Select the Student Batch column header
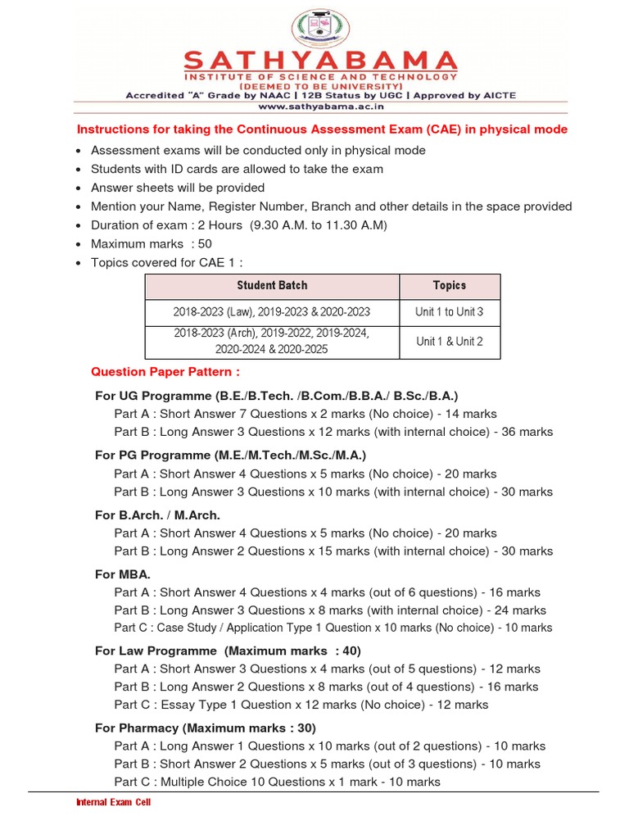coord(272,286)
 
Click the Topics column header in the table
coord(449,286)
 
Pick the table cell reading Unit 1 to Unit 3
coord(449,312)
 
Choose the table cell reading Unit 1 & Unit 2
coord(449,342)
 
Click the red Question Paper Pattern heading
coord(165,372)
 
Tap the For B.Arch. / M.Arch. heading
coord(157,515)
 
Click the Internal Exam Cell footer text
coord(113,802)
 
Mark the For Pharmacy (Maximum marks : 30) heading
coord(206,728)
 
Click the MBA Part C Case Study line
coord(333,628)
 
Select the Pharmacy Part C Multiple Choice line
coord(278,782)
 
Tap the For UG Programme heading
coord(276,396)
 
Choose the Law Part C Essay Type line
coord(301,705)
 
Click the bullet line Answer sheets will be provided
coord(178,188)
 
